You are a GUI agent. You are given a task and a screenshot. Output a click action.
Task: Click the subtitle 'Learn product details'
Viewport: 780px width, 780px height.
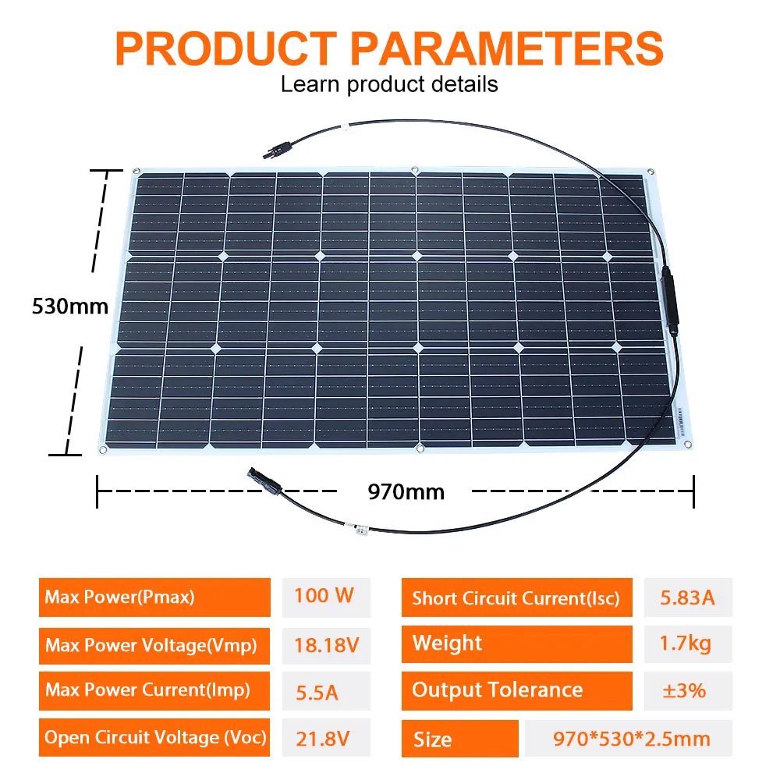click(x=388, y=84)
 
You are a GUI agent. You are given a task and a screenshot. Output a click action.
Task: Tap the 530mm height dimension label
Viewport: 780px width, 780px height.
click(x=69, y=306)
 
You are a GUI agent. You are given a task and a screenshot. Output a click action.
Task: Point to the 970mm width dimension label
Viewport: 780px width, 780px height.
click(x=406, y=491)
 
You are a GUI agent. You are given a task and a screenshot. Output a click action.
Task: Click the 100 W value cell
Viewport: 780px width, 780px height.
click(x=324, y=597)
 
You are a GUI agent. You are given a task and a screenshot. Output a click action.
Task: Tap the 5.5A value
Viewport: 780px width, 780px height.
click(x=317, y=692)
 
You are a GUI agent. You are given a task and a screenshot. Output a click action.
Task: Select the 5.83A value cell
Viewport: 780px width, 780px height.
click(x=688, y=598)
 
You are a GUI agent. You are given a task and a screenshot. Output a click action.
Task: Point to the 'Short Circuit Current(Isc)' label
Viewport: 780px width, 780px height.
click(x=516, y=599)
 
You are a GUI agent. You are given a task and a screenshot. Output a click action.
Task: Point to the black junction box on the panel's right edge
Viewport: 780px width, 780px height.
click(x=668, y=298)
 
